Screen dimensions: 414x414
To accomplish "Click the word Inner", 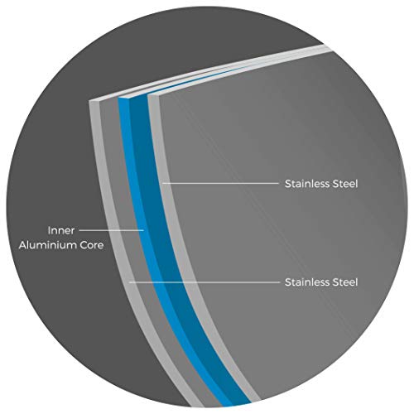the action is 61,230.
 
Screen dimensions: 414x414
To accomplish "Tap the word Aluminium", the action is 47,245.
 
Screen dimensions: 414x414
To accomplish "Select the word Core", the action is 91,245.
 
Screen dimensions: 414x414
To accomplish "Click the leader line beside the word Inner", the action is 112,230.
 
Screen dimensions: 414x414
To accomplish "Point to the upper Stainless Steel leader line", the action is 221,183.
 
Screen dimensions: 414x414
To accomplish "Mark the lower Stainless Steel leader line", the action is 205,282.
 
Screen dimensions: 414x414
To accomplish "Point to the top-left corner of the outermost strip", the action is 89,101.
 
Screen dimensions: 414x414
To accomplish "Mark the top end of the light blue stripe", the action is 123,97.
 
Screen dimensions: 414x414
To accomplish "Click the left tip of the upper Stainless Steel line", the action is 162,183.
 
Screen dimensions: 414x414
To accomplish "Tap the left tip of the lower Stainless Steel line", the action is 129,282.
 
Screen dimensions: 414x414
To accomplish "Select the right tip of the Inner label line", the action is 144,230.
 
